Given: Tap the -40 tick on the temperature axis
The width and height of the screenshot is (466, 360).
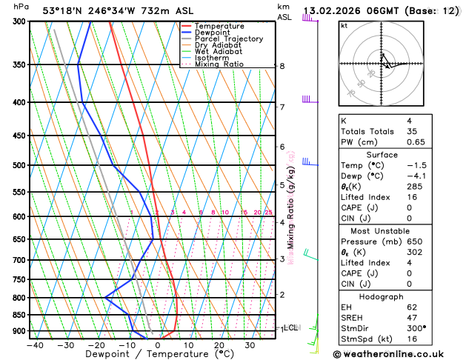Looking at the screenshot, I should coord(35,345).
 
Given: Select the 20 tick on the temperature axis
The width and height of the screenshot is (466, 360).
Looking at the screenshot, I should coord(219,345).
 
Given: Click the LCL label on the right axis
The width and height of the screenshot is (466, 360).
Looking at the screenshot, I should coord(291,327).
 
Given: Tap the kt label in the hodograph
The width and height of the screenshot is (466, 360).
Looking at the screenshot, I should coord(344,25).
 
